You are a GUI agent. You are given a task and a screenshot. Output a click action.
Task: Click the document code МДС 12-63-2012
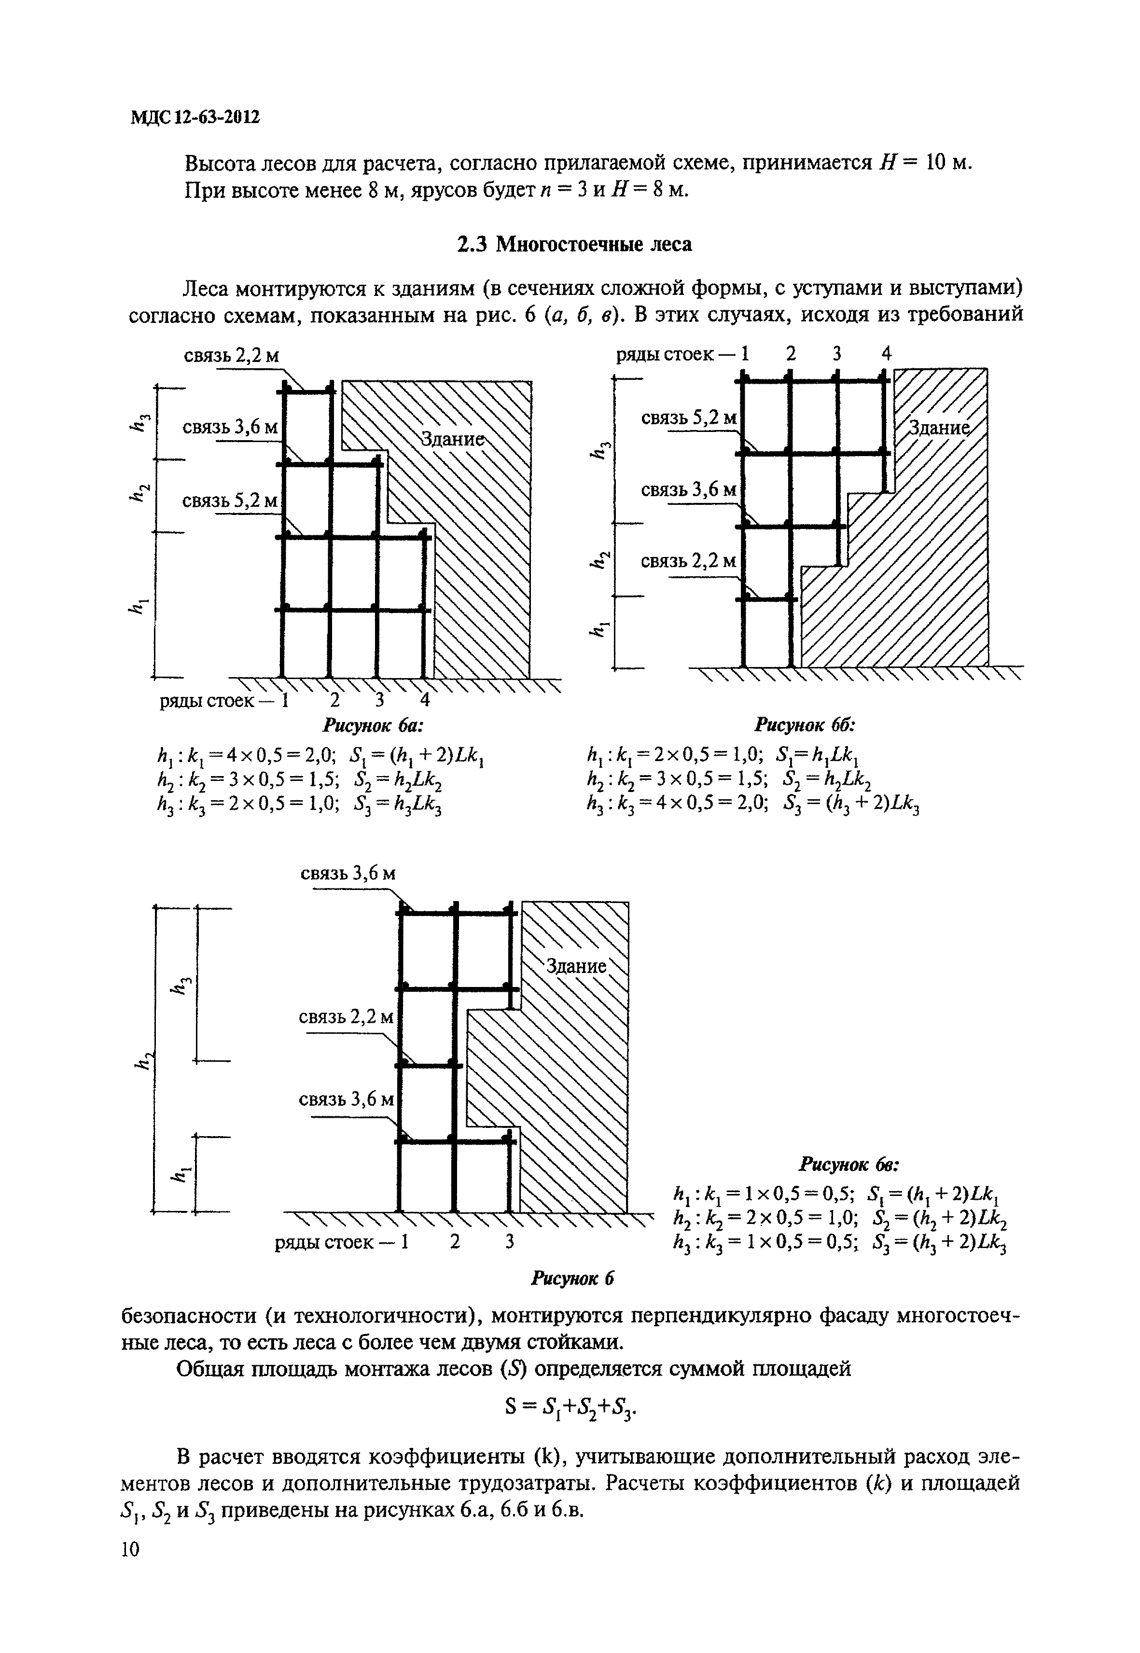tap(195, 116)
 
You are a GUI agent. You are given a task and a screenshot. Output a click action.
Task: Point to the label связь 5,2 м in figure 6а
tap(230, 501)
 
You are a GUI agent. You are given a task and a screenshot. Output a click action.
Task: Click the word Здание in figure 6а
tap(452, 439)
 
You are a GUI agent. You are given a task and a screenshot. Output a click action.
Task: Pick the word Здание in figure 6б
tap(939, 428)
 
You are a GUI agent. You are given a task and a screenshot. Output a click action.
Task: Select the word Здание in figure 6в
tap(576, 967)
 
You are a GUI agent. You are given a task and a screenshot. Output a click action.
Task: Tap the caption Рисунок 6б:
tap(806, 726)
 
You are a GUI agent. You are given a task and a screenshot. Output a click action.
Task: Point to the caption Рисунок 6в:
tap(849, 1165)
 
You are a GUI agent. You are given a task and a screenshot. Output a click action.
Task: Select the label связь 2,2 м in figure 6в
tap(347, 1016)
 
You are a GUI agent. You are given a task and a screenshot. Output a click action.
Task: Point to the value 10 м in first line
tap(949, 163)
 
